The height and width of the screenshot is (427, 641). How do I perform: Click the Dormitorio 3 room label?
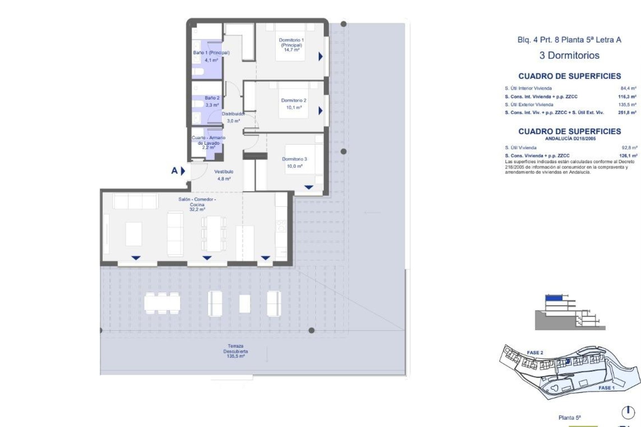pos(294,159)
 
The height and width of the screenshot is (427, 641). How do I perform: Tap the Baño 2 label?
pos(212,98)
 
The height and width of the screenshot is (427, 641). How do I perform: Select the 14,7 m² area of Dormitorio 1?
pos(291,50)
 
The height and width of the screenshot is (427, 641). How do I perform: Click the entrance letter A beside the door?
pos(174,171)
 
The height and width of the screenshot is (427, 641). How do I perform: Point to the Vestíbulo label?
pos(224,171)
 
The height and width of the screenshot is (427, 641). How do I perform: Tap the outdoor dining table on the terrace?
pos(162,303)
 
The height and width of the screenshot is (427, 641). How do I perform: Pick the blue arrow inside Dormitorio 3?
pos(308,187)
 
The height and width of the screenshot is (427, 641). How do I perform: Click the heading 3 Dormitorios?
pos(569,55)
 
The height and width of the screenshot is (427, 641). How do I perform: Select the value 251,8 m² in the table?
pos(627,113)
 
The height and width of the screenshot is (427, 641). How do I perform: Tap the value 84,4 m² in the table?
pos(628,88)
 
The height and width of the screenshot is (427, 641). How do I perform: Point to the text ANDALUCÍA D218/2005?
pos(570,138)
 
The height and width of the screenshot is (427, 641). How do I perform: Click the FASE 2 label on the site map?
pos(535,353)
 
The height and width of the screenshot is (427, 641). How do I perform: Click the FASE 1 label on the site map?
pos(607,388)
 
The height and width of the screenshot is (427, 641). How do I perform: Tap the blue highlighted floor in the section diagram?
pos(554,298)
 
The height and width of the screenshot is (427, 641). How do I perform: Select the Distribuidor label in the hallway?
pos(233,114)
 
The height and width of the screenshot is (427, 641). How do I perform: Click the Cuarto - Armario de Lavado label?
pos(208,140)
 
